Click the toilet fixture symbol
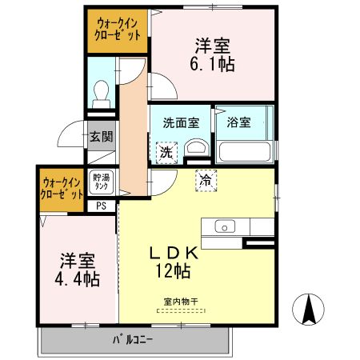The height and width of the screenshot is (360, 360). click(x=102, y=94)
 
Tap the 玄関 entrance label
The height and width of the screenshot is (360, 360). click(x=101, y=136)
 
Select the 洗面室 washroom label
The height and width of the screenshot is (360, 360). click(x=181, y=123)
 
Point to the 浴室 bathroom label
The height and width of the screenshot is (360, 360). click(x=238, y=123)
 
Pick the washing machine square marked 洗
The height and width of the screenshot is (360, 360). click(x=166, y=150)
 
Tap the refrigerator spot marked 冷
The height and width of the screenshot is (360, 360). click(x=206, y=180)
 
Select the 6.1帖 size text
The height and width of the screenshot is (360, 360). click(x=214, y=65)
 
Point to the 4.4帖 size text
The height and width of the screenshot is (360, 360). click(x=78, y=281)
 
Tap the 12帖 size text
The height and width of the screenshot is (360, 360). click(x=173, y=272)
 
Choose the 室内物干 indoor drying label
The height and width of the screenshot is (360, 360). click(x=181, y=302)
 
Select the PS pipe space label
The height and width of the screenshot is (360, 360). click(x=101, y=206)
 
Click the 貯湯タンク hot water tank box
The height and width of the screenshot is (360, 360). click(x=101, y=182)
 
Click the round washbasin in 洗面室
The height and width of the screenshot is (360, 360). click(x=194, y=147)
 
